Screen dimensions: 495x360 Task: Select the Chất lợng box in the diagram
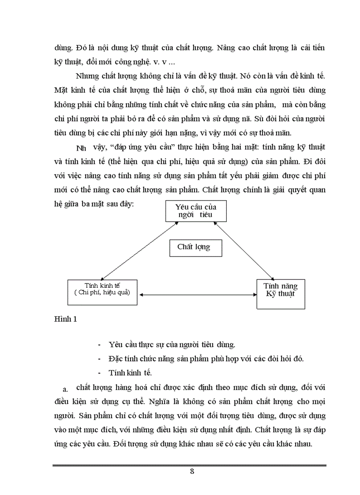pyautogui.click(x=195, y=247)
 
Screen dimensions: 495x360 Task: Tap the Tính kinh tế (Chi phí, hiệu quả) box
pyautogui.click(x=102, y=292)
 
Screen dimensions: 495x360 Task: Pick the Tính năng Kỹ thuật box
pyautogui.click(x=280, y=293)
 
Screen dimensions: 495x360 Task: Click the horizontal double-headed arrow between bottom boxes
pyautogui.click(x=197, y=295)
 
